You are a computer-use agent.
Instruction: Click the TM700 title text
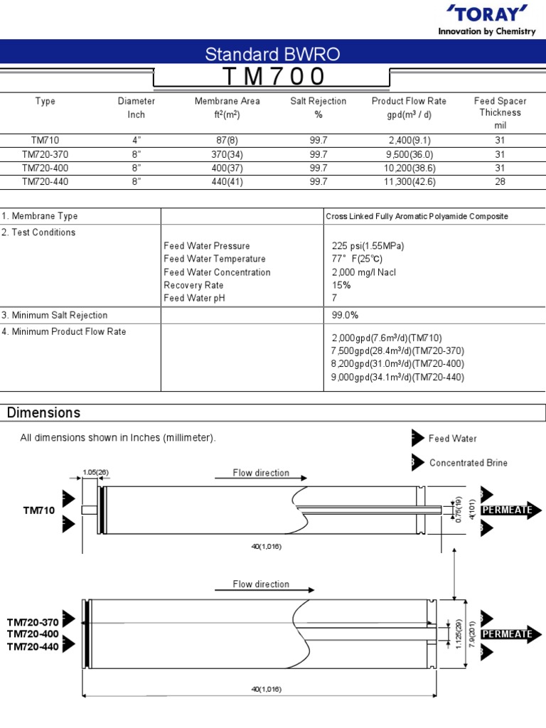click(x=273, y=77)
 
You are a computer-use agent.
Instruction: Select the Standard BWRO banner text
click(x=272, y=54)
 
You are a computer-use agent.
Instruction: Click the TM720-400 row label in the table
click(x=45, y=168)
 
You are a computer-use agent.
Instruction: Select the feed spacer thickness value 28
click(x=500, y=182)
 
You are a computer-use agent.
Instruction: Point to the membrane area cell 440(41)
click(x=227, y=182)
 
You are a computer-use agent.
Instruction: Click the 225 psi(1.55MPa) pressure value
click(x=368, y=246)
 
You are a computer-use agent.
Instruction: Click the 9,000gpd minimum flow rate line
click(x=397, y=378)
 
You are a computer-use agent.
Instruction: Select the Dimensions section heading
click(x=43, y=413)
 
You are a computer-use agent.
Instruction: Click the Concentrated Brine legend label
click(x=469, y=463)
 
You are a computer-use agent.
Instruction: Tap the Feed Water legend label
click(x=453, y=439)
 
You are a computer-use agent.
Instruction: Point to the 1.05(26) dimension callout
click(x=96, y=472)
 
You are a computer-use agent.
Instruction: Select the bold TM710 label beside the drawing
click(x=38, y=510)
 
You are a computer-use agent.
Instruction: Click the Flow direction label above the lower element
click(x=261, y=584)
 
